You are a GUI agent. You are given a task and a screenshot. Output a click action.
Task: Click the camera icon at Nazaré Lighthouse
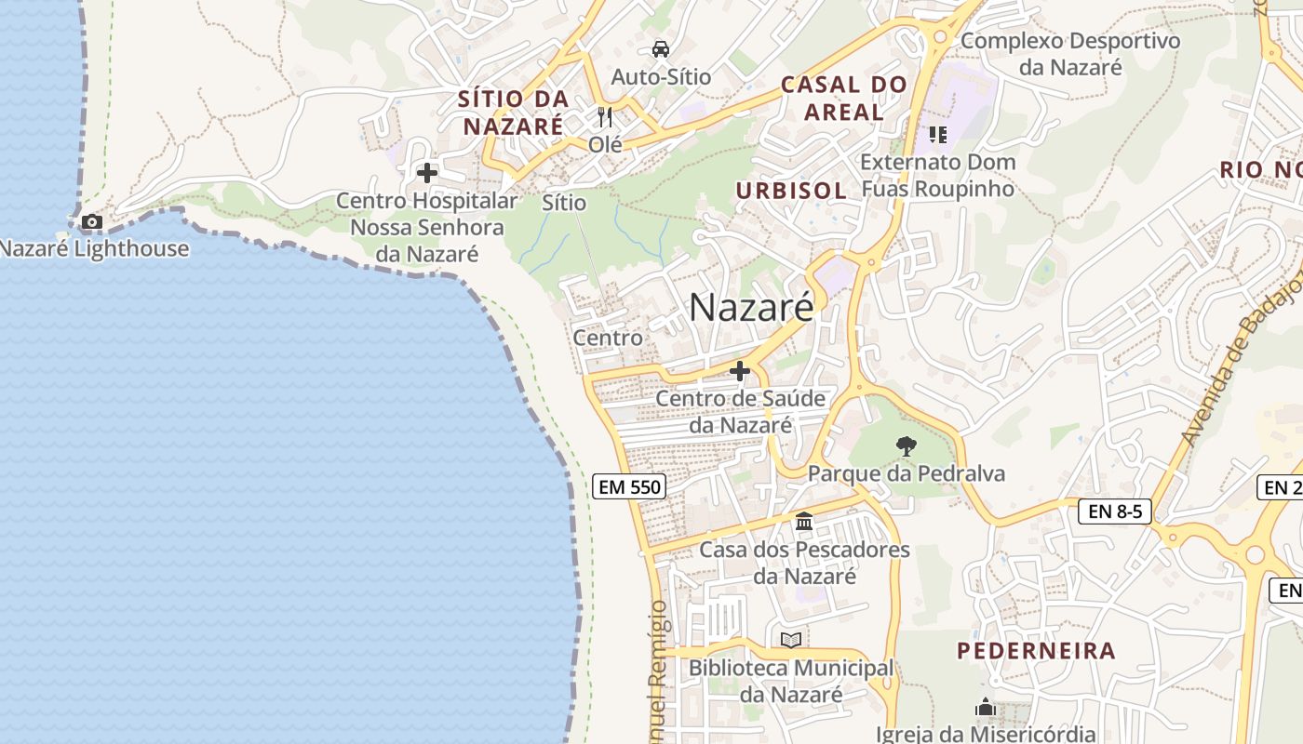click(x=91, y=221)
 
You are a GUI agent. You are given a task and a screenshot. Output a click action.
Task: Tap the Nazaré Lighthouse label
click(x=93, y=248)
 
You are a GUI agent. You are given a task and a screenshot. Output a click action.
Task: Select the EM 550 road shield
click(x=628, y=486)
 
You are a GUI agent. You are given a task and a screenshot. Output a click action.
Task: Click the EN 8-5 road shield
click(x=1115, y=511)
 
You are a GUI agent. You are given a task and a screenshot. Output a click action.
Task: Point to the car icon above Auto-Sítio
click(x=661, y=49)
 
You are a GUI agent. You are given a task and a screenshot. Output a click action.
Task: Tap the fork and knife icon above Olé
click(x=605, y=117)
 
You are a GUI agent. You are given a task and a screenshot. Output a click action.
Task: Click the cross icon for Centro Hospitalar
click(x=427, y=173)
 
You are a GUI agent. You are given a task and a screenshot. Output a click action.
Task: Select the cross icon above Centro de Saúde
click(x=740, y=372)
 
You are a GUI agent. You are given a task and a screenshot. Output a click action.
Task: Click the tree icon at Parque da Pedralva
click(x=906, y=446)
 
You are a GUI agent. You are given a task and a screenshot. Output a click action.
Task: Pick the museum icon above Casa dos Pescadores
click(x=804, y=522)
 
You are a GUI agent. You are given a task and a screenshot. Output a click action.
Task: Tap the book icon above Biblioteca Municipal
click(x=791, y=640)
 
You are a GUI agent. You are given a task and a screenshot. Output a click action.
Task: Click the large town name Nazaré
click(x=751, y=307)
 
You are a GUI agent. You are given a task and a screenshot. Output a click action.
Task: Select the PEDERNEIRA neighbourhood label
click(x=1036, y=651)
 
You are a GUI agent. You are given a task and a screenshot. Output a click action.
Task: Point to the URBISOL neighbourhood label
click(x=791, y=191)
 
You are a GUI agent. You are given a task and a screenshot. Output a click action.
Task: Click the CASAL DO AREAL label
click(x=843, y=98)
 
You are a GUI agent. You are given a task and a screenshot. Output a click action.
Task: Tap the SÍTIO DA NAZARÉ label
click(x=513, y=112)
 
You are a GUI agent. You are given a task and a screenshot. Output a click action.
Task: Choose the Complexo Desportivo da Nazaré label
click(x=1070, y=54)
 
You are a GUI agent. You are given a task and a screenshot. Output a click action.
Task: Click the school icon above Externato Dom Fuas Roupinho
click(x=937, y=135)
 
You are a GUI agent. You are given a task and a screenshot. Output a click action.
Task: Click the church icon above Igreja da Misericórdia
click(x=986, y=708)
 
